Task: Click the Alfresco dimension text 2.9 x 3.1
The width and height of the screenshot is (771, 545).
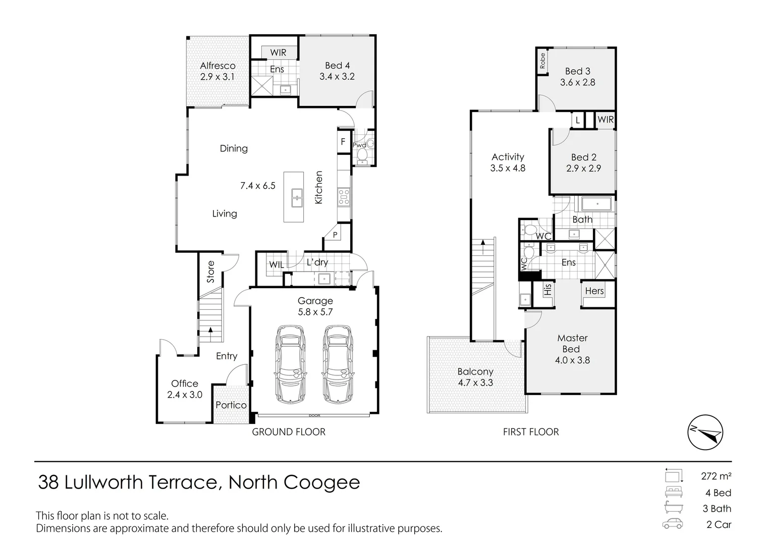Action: click(x=217, y=77)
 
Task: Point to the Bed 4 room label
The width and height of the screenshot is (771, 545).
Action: click(x=337, y=66)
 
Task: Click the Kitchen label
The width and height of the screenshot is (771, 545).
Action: click(x=319, y=188)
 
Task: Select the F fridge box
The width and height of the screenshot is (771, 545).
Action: click(x=343, y=142)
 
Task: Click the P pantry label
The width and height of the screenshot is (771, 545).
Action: click(x=335, y=235)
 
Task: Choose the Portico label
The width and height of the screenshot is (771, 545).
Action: click(x=231, y=405)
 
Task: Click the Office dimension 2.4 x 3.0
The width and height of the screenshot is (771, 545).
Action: click(x=185, y=395)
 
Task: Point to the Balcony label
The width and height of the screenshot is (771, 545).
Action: click(x=475, y=371)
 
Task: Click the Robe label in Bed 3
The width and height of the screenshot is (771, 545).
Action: click(x=542, y=61)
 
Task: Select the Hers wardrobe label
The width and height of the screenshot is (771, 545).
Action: click(x=594, y=291)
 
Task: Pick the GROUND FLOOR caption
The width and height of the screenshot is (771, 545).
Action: click(x=289, y=432)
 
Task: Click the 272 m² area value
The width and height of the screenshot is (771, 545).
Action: click(x=716, y=476)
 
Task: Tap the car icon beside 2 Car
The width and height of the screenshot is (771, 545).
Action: click(x=673, y=524)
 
